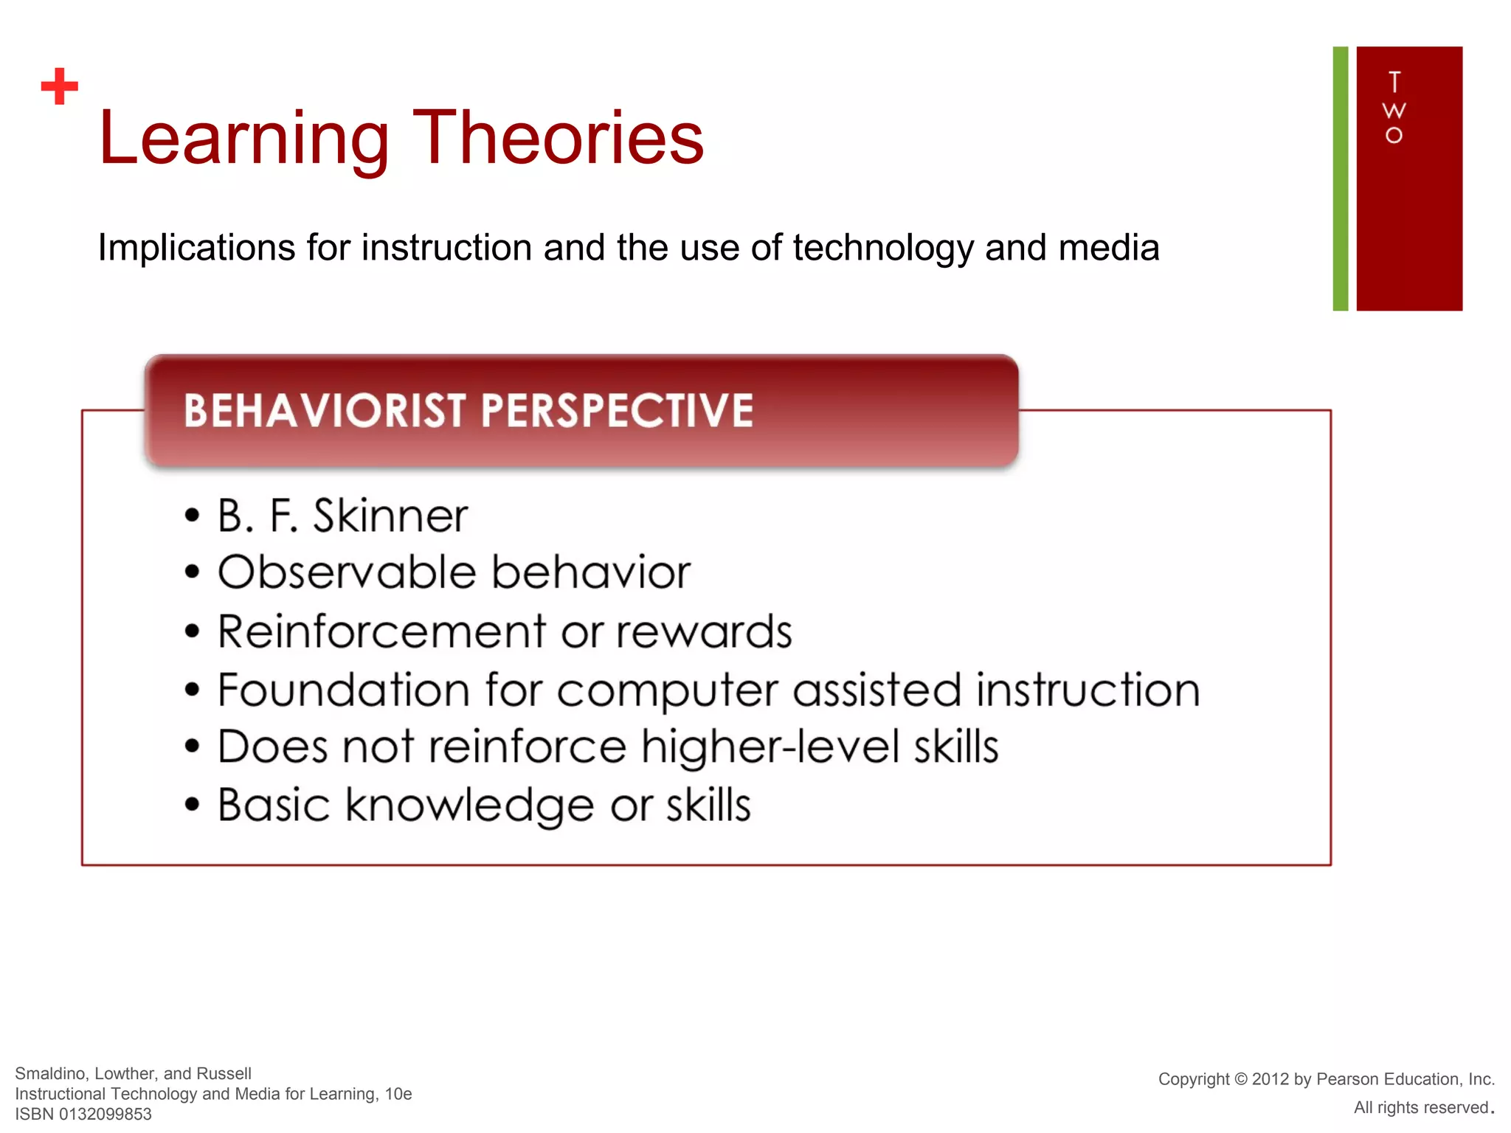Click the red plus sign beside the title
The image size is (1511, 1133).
60,87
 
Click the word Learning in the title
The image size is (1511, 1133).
243,139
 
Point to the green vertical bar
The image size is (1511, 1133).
1340,179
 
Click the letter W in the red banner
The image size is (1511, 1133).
1394,111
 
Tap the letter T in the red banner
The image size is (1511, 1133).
1394,81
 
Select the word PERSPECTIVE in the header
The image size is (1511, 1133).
617,411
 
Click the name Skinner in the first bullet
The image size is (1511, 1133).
390,516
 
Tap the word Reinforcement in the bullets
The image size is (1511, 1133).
382,632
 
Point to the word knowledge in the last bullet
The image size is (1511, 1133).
469,805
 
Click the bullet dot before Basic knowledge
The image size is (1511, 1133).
193,805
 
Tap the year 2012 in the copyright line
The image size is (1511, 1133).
1270,1079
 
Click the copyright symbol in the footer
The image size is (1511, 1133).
1240,1079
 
